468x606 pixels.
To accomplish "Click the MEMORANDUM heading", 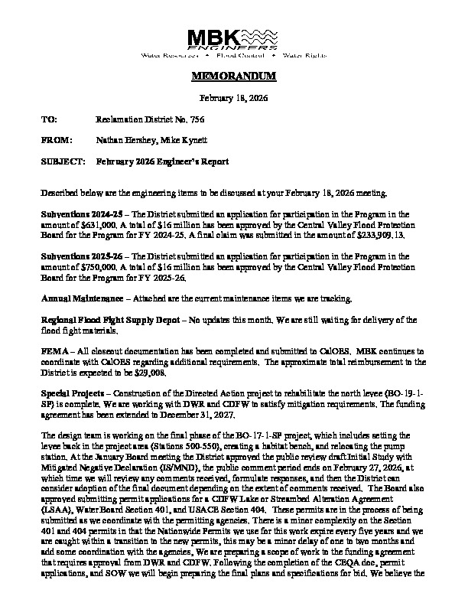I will coord(233,79).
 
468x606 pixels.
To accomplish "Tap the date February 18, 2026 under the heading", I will coord(233,99).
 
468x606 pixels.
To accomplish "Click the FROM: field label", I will coord(54,141).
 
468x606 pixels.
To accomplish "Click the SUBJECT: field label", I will coord(63,162).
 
